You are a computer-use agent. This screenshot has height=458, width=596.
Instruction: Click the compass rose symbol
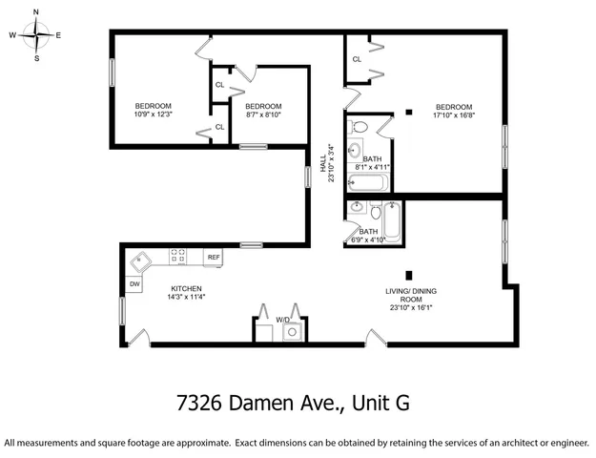point(36,35)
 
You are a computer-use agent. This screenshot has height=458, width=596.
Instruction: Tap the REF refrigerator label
point(214,258)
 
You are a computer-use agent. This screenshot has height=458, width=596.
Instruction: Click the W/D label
point(282,320)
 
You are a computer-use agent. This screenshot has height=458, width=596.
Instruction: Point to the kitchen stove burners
point(179,256)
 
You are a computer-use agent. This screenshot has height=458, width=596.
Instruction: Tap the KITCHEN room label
point(187,288)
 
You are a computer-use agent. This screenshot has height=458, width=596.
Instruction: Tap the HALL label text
point(323,163)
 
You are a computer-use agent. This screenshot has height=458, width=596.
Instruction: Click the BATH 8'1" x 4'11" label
point(372,164)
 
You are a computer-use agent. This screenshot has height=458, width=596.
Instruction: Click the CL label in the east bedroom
point(357,59)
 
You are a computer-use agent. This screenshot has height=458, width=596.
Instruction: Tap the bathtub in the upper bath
point(367,181)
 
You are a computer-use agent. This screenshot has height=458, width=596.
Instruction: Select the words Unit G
point(380,403)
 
